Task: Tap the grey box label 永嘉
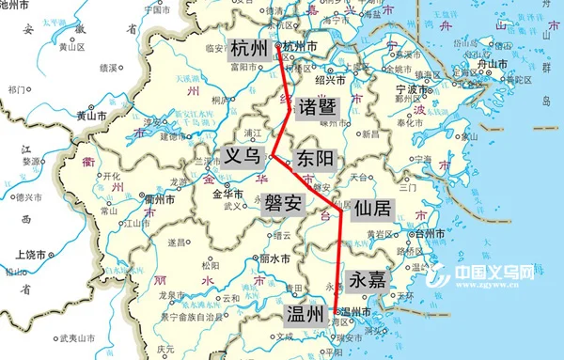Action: tap(368, 279)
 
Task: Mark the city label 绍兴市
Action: tap(331, 80)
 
